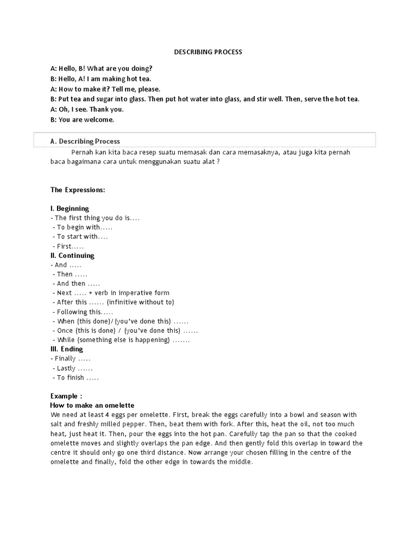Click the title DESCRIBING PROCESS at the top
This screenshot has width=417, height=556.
(x=208, y=52)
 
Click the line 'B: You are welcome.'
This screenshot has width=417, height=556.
(x=82, y=119)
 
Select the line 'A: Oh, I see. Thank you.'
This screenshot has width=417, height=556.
(x=87, y=109)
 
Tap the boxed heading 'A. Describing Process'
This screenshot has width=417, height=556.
(x=85, y=141)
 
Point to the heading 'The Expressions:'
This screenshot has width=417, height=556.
(x=78, y=190)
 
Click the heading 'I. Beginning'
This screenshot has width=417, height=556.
(x=69, y=208)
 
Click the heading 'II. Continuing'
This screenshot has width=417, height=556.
(x=72, y=256)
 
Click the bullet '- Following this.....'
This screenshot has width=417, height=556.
(x=84, y=312)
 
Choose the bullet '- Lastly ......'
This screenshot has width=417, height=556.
(x=75, y=368)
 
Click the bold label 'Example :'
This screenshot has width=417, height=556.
(x=66, y=396)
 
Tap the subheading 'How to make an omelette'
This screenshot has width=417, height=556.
(x=92, y=406)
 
